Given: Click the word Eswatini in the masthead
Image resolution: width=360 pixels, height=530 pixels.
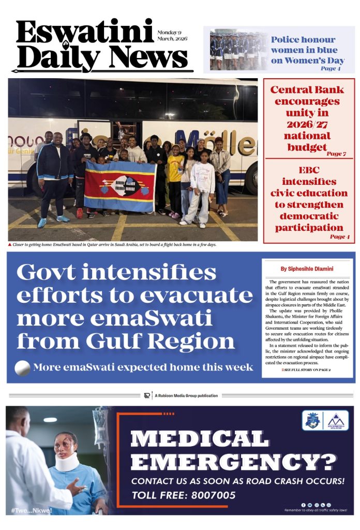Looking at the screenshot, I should point(85,32).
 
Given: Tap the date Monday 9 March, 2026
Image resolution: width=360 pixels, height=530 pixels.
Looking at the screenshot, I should point(172,36).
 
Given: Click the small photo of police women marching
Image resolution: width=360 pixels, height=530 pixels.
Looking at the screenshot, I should point(238,49).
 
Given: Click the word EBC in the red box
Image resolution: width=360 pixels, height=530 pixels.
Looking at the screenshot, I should point(309,170).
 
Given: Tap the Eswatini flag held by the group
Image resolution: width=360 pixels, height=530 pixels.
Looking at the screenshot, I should point(119,186).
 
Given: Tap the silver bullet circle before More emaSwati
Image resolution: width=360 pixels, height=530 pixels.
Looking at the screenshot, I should point(22,367).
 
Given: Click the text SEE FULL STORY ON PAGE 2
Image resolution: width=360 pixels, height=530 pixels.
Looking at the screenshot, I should point(308,371).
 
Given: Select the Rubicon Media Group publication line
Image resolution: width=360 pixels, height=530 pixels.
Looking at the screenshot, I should point(181,395).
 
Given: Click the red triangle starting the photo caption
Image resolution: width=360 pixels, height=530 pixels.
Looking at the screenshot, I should point(10,244).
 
